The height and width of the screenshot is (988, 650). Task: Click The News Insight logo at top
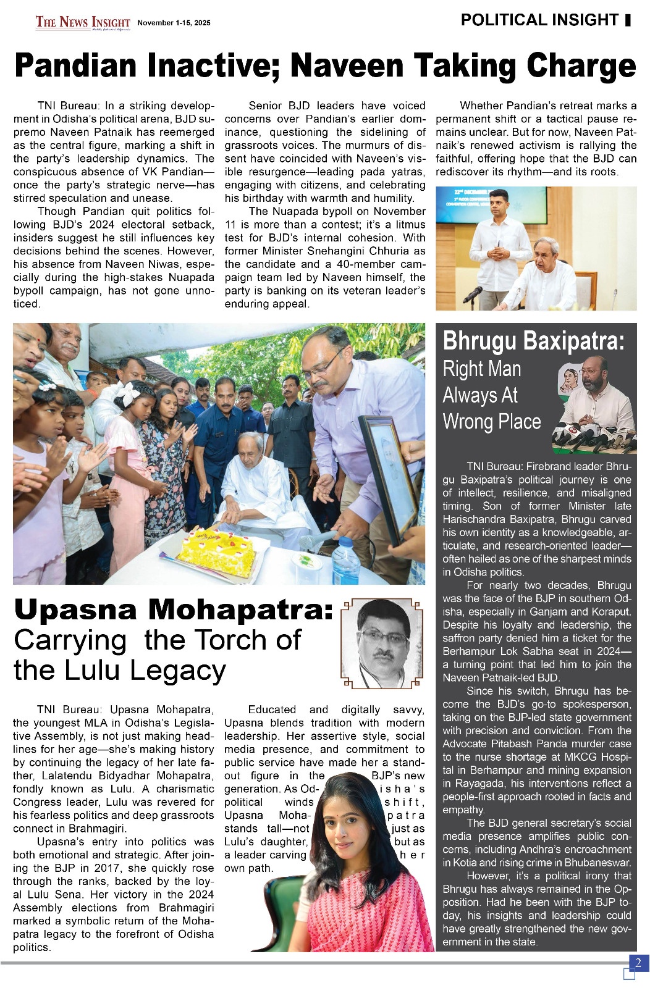pyautogui.click(x=83, y=22)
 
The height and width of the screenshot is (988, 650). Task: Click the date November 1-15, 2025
pyautogui.click(x=174, y=23)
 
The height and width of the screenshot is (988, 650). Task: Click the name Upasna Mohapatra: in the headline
pyautogui.click(x=173, y=609)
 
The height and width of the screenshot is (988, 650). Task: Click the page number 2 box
pyautogui.click(x=638, y=963)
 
